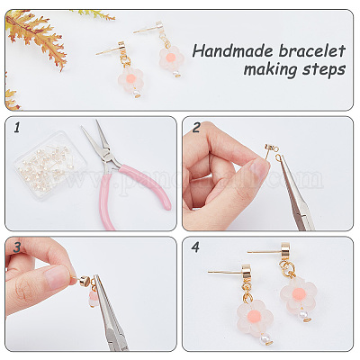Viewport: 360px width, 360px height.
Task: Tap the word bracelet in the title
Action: (x=311, y=51)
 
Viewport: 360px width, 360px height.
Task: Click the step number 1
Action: (x=16, y=128)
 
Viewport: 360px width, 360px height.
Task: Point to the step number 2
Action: (x=196, y=128)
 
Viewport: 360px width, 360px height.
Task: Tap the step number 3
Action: (x=16, y=247)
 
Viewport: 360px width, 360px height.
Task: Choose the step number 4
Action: (x=195, y=247)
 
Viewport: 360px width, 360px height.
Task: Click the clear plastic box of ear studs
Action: (x=50, y=166)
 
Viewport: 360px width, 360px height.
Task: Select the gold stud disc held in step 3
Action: (x=85, y=282)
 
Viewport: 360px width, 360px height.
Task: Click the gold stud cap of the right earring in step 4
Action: (x=286, y=252)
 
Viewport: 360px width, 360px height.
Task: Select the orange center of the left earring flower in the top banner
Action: (x=132, y=78)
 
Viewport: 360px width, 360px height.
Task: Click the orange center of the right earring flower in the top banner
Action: (x=170, y=58)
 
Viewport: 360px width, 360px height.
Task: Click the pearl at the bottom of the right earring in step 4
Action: (x=303, y=314)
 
